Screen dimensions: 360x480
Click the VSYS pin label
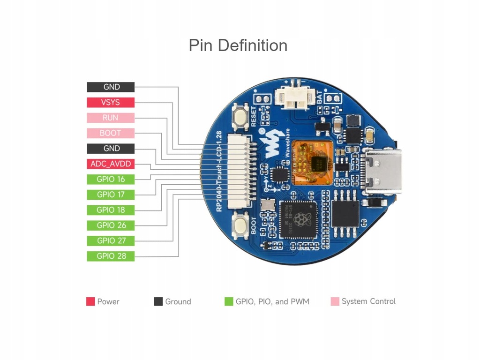[x=111, y=102]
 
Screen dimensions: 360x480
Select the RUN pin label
[x=111, y=118]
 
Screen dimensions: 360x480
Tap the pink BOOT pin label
[x=111, y=133]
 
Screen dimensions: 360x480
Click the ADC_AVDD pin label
[x=111, y=164]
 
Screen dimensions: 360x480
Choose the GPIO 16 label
[x=111, y=179]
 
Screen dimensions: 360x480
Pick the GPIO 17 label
[x=111, y=195]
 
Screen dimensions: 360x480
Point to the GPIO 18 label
[x=111, y=210]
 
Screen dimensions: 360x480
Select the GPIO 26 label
[x=111, y=225]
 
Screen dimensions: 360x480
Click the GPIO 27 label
[x=111, y=241]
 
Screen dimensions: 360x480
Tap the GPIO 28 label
[x=111, y=256]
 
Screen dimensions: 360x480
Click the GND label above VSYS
[x=111, y=87]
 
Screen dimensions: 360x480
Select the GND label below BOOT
[x=111, y=149]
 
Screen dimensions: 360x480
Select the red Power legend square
[x=90, y=301]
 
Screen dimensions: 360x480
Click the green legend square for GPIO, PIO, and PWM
[x=229, y=301]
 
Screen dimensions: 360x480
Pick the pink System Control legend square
[x=335, y=301]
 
